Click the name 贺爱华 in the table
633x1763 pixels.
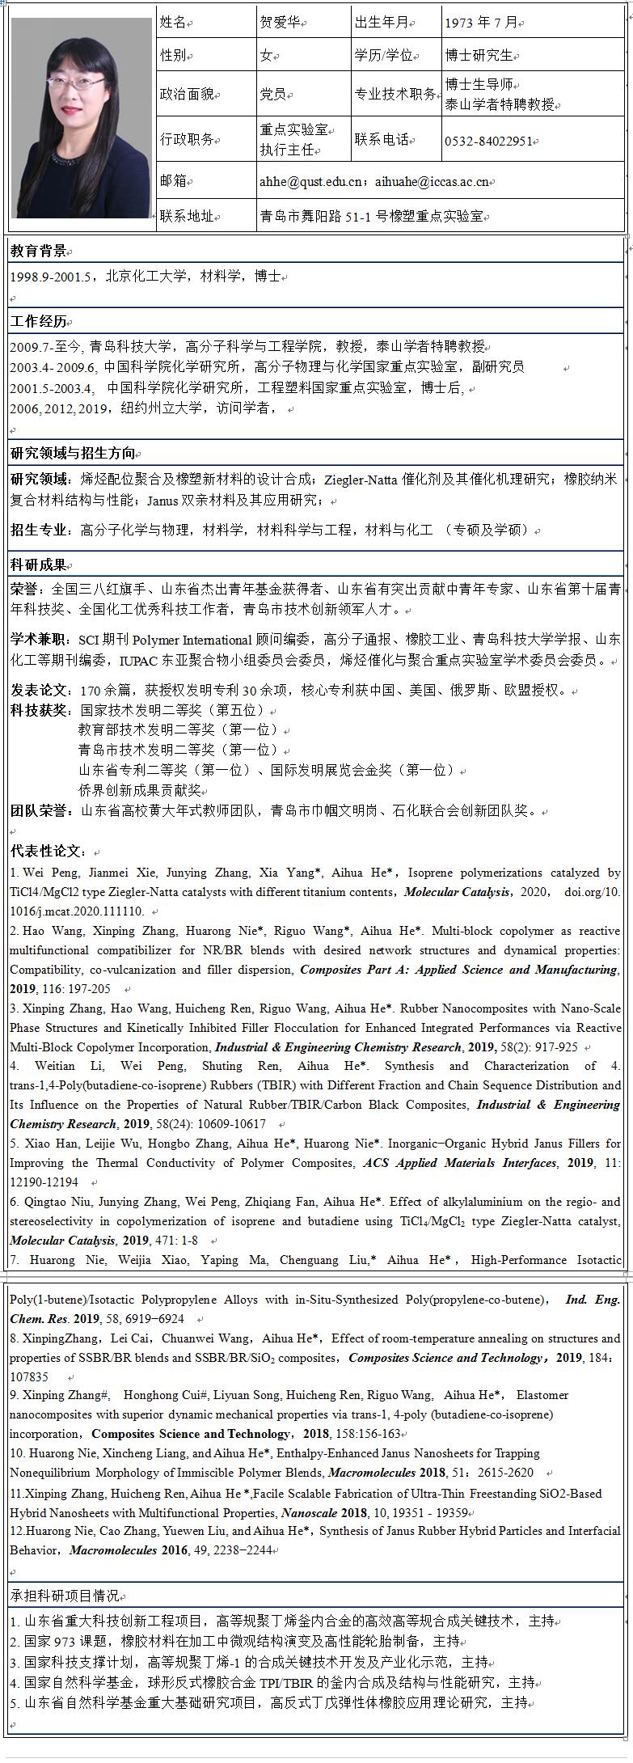281,23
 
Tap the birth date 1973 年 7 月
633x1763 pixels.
480,23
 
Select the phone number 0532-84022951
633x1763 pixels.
487,142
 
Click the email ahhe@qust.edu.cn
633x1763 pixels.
310,182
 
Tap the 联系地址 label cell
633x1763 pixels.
187,216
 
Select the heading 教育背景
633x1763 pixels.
37,252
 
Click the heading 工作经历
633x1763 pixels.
37,322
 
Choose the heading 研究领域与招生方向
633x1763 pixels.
72,453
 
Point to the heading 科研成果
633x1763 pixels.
37,564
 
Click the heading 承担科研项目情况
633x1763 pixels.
64,1596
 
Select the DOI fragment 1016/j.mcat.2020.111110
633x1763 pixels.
76,911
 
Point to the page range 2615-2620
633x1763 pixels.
509,1473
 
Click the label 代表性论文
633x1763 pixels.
47,852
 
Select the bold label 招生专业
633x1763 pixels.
39,531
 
